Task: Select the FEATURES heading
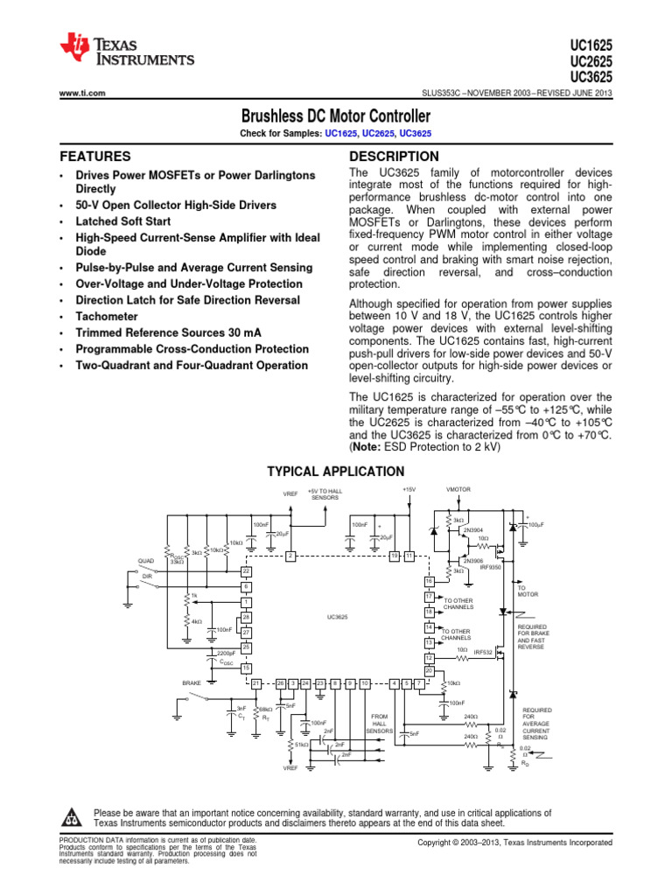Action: click(x=95, y=157)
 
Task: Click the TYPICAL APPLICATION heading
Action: click(x=335, y=472)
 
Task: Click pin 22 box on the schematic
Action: click(x=247, y=571)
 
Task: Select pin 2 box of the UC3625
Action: click(x=290, y=556)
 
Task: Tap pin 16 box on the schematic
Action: click(x=429, y=581)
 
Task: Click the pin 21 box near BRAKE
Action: click(x=255, y=682)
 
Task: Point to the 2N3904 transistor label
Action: click(x=473, y=529)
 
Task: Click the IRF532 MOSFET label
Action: click(x=484, y=653)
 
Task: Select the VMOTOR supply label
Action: click(x=458, y=490)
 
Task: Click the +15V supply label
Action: click(x=409, y=489)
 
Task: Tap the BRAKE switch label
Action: click(x=192, y=682)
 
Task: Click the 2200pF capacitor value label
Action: click(x=225, y=654)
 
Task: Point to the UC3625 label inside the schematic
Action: click(x=337, y=618)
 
